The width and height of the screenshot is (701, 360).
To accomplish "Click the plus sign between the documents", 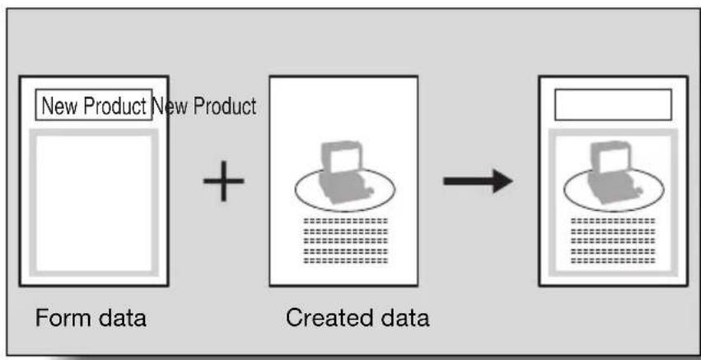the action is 223,180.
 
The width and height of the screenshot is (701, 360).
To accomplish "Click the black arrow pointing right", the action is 478,181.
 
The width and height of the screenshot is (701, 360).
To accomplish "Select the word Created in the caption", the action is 322,318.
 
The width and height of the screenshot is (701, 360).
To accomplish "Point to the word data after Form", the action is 122,318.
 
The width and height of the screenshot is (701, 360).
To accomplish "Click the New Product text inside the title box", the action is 93,105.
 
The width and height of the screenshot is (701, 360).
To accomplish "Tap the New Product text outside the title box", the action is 204,106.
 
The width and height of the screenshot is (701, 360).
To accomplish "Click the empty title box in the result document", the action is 613,105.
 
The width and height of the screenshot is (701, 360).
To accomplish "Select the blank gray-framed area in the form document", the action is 94,203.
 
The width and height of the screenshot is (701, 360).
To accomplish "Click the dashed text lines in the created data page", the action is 346,241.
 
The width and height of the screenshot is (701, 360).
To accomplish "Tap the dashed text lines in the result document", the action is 614,241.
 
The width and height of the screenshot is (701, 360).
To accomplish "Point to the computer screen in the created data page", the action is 344,159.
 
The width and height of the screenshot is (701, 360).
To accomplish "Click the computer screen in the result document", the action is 614,159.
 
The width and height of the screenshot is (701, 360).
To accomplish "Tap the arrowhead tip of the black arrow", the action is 512,181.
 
